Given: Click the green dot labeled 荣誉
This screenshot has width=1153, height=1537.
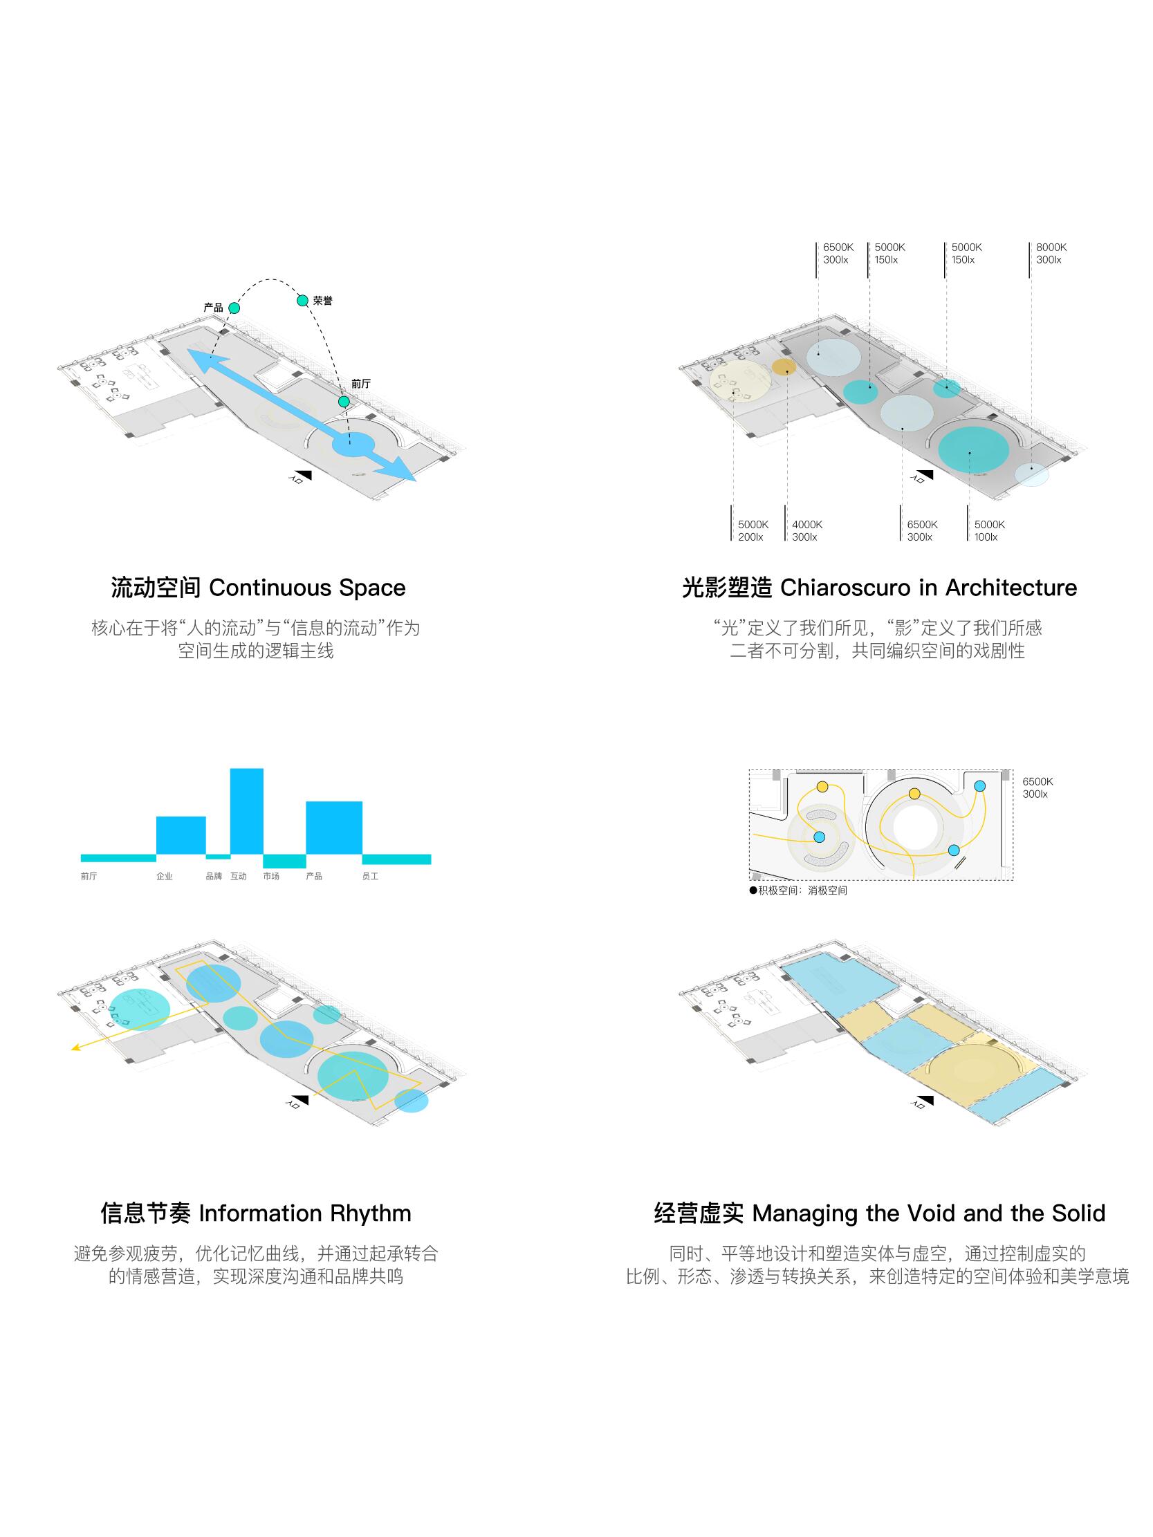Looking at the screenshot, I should (x=302, y=300).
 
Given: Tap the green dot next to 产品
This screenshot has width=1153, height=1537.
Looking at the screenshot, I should (x=234, y=308).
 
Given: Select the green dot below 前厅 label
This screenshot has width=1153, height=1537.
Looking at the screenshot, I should (x=343, y=402).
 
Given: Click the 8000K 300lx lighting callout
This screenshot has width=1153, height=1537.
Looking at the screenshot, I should (x=1050, y=254).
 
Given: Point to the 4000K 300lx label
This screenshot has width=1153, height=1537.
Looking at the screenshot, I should (x=806, y=531).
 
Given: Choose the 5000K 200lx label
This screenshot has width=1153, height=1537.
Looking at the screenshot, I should (x=752, y=531).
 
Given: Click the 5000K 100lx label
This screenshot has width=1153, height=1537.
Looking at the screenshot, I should (x=988, y=531).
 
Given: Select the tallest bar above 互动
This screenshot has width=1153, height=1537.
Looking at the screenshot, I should (x=247, y=810).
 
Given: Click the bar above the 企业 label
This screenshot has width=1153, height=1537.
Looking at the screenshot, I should (x=181, y=835).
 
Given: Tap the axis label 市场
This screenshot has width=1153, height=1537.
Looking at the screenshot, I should (x=271, y=876).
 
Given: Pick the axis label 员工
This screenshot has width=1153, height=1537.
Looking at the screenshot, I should (x=370, y=876).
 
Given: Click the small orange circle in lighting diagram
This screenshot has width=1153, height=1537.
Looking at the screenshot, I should (x=784, y=367).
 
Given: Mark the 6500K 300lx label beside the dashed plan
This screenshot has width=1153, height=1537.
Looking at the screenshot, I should (x=1037, y=788).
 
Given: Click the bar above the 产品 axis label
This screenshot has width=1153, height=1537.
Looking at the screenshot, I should (x=333, y=828).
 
